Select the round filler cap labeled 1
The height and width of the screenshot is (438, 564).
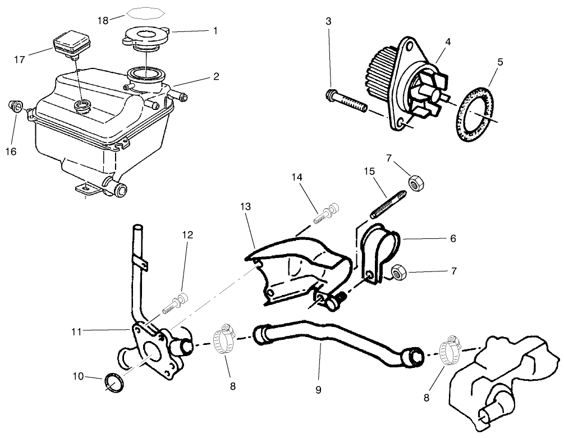pos(145,38)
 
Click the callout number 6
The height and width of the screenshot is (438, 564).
pos(452,238)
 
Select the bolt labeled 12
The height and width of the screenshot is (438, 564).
pos(176,302)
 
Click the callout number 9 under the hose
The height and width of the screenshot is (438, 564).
pos(318,389)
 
